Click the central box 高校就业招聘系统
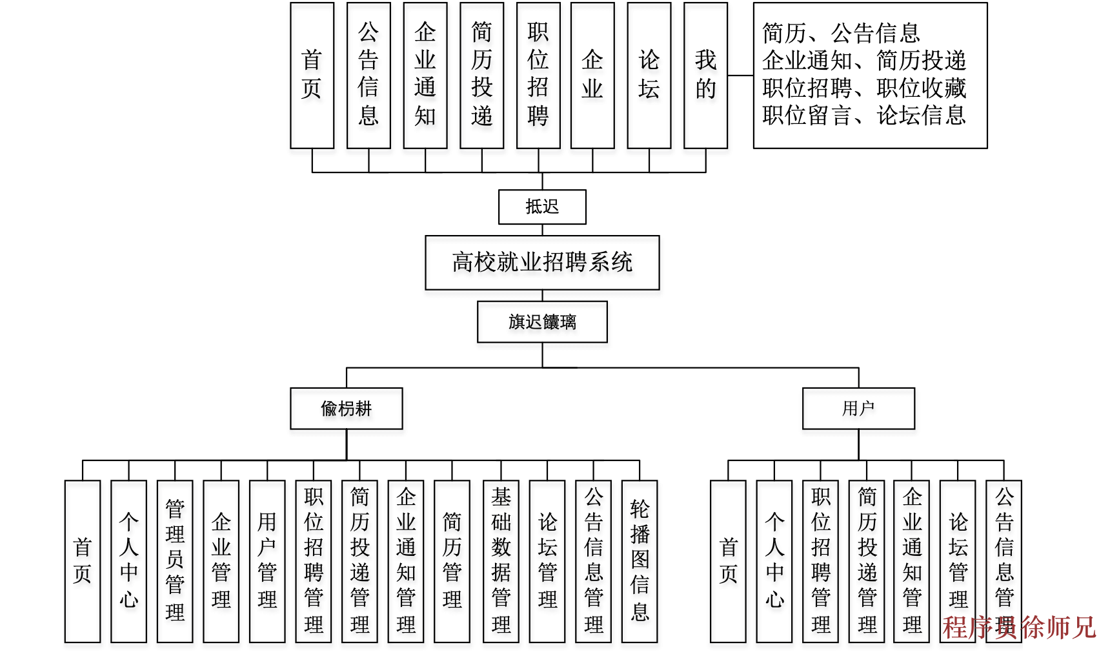coord(542,262)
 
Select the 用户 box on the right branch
coord(858,408)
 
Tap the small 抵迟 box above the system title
coord(542,207)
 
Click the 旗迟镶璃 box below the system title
coord(542,322)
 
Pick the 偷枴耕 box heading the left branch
coord(347,408)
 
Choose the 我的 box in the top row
coord(705,76)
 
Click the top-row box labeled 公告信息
coord(368,76)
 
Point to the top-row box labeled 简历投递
coord(481,76)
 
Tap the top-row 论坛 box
coord(649,76)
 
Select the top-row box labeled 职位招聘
coord(538,76)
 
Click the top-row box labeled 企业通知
coord(425,76)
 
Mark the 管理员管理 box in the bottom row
coord(175,560)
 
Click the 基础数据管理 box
coord(501,560)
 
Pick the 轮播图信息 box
coord(640,560)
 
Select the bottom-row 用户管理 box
coord(267,560)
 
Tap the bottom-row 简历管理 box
coord(452,560)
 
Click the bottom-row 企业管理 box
coord(221,560)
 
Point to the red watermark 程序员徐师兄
coord(1019,627)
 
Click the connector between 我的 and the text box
coord(740,76)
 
